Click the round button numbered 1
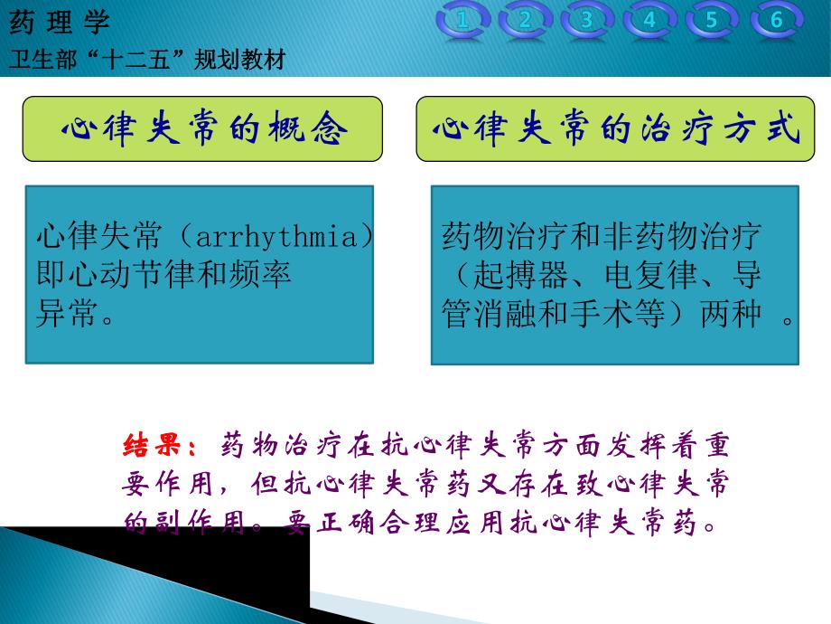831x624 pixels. (463, 20)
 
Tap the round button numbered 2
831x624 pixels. (526, 20)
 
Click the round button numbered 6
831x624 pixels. (775, 20)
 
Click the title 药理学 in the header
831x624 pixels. (59, 22)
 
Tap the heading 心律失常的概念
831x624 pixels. (203, 130)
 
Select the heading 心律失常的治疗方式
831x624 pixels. (616, 130)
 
